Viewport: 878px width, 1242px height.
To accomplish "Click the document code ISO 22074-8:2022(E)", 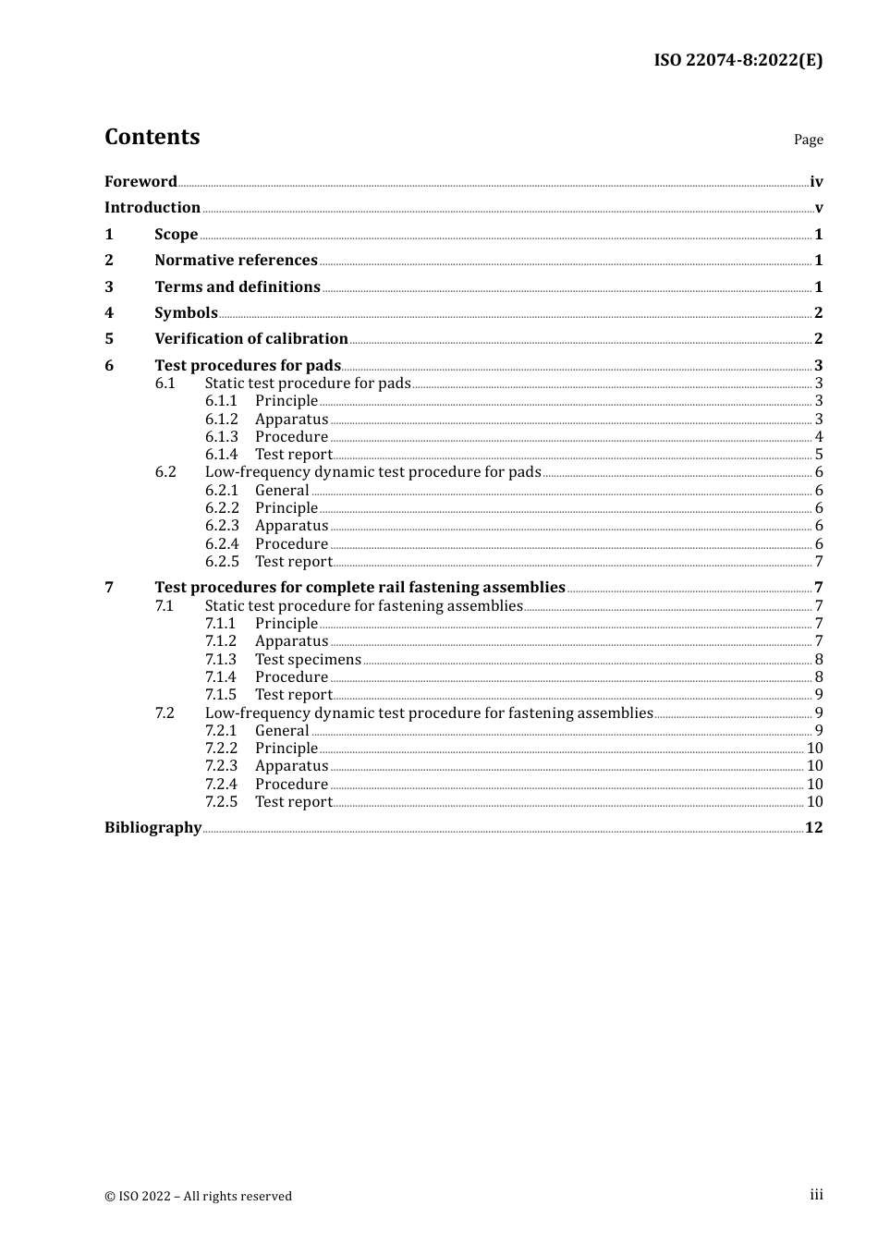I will pos(738,60).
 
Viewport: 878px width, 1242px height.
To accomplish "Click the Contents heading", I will pos(152,137).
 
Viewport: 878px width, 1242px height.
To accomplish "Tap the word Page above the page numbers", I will pos(808,140).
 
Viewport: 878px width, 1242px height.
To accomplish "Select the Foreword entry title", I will pos(140,181).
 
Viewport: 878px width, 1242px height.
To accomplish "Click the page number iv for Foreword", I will pos(815,181).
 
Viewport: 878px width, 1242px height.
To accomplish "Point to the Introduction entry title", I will pos(152,207).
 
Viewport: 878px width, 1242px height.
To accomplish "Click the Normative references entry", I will pos(236,260).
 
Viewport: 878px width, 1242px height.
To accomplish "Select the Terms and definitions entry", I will pos(237,286).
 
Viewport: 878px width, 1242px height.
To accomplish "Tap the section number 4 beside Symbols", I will pos(109,312).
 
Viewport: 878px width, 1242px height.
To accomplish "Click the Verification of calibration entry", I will pos(250,338).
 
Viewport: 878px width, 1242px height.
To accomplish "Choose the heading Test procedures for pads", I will pos(247,365).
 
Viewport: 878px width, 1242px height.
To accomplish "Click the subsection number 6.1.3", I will pos(221,436).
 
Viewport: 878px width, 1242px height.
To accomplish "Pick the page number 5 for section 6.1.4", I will pos(818,454).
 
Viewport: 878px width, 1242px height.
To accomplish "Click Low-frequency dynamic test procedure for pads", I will pos(372,471).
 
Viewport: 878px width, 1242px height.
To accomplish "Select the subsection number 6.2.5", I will pos(222,561).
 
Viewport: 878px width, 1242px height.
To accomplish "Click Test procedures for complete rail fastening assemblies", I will pos(360,587).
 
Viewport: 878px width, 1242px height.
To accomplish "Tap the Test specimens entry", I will pos(308,659).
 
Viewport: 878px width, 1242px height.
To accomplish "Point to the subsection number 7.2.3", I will pos(221,765).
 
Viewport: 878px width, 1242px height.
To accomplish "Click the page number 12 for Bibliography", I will pos(813,827).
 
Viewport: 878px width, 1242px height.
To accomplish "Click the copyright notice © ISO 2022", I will pos(198,1196).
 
